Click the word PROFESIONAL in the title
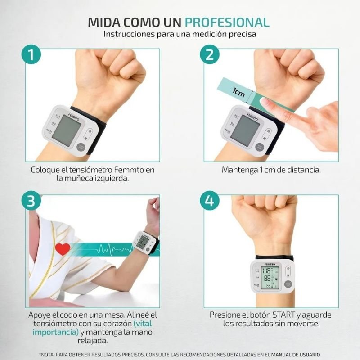227,22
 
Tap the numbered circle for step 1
31,54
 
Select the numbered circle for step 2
210,54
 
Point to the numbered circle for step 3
31,201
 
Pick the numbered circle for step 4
210,201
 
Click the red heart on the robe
63,249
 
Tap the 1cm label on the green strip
238,92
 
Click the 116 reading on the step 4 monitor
266,271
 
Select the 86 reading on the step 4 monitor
267,279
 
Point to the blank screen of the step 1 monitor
66,130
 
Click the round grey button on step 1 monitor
81,147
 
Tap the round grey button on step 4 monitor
288,284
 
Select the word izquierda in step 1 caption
112,178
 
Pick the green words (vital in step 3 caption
143,324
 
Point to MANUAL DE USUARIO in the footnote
296,355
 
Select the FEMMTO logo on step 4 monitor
270,264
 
